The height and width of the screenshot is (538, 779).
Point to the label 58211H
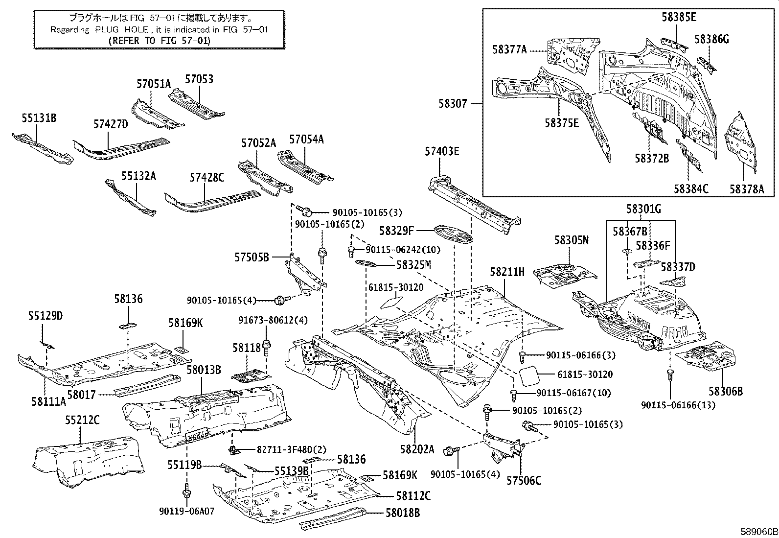pyautogui.click(x=507, y=273)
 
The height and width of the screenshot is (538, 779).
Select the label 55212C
pyautogui.click(x=82, y=420)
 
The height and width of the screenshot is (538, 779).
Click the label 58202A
pyautogui.click(x=416, y=449)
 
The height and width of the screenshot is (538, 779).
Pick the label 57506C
pyautogui.click(x=524, y=481)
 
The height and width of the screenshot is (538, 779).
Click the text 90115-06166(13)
pyautogui.click(x=678, y=405)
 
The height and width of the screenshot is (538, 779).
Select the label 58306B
pyautogui.click(x=726, y=391)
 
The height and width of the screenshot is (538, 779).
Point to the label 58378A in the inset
pyautogui.click(x=746, y=189)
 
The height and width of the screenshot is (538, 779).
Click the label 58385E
pyautogui.click(x=679, y=17)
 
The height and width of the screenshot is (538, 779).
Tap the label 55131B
pyautogui.click(x=39, y=118)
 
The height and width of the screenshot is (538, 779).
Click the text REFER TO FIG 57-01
pyautogui.click(x=159, y=41)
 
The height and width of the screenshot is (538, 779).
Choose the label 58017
pyautogui.click(x=81, y=394)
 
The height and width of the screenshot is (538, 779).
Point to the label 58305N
pyautogui.click(x=571, y=240)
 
